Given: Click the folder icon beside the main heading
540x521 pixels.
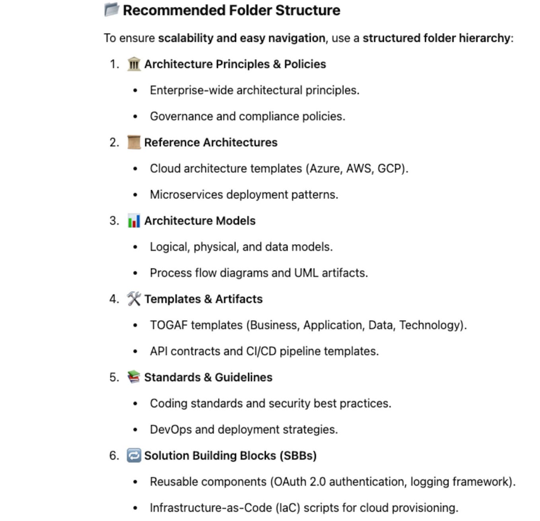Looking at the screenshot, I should [111, 10].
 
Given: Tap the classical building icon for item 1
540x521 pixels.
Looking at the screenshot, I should [134, 64].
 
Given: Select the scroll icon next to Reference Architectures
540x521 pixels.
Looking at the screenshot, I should [134, 142].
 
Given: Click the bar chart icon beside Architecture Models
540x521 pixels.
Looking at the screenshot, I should [134, 221].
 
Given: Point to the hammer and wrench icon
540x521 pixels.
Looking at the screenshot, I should [134, 299].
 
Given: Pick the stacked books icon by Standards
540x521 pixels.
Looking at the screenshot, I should [134, 377].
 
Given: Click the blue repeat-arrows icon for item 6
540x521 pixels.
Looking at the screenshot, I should [134, 455].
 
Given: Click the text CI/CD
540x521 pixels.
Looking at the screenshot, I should [261, 351].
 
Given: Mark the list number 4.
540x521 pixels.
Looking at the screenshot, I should [113, 299].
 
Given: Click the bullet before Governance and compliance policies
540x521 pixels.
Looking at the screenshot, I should [135, 117].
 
